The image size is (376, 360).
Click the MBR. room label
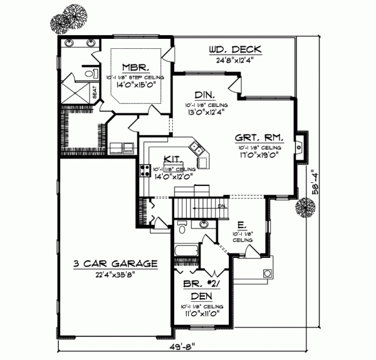point(135,67)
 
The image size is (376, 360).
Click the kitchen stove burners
point(143,170)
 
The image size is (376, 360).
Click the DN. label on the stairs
point(221,205)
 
